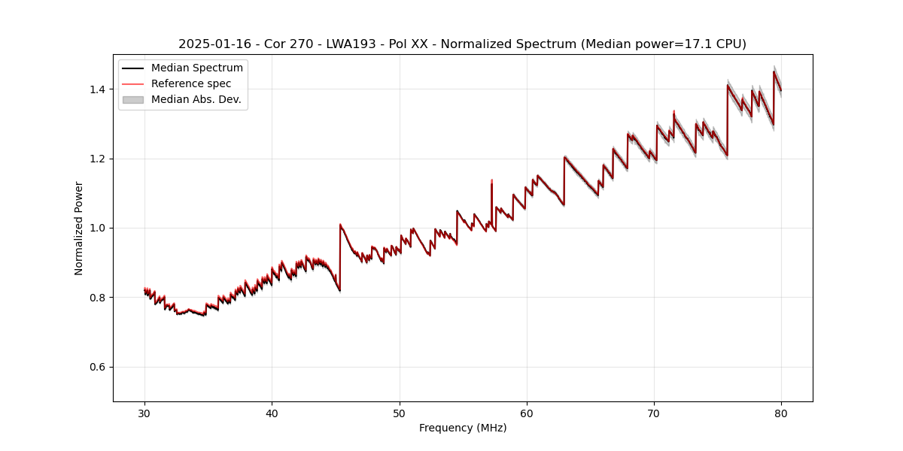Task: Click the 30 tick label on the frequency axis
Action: click(144, 413)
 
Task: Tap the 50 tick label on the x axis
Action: click(399, 413)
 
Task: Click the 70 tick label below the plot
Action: click(654, 413)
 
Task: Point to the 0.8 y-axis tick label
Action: click(99, 298)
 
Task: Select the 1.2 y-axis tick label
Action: click(99, 159)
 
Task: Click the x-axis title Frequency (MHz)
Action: click(463, 428)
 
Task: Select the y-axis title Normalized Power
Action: click(79, 228)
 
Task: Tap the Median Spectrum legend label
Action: click(197, 68)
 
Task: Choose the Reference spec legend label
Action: click(191, 83)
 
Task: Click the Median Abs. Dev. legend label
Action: click(196, 99)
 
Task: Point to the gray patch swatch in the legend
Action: click(134, 99)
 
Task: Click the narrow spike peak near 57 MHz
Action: click(491, 181)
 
